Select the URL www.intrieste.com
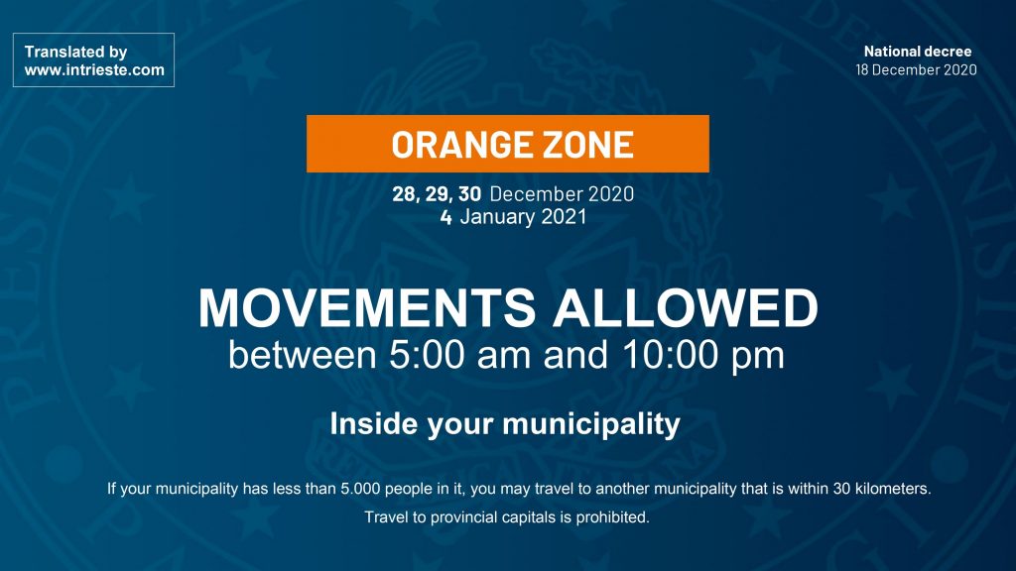94,70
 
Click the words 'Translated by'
75,52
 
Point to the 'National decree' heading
918,52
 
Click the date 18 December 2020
916,70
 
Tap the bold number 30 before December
469,193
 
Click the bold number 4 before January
445,217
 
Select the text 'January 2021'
523,216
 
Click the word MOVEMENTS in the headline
367,307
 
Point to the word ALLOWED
686,307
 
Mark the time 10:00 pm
703,356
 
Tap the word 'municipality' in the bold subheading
591,424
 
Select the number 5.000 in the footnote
360,489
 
